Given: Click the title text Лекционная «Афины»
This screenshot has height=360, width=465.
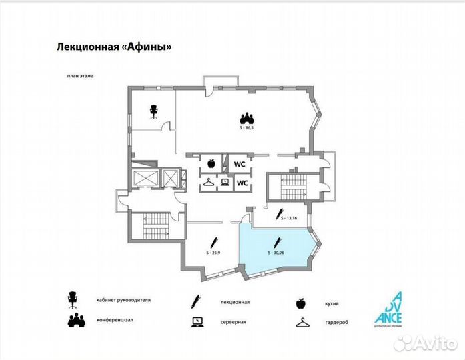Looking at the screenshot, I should click(x=111, y=47).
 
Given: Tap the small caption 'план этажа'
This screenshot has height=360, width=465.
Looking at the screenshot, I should click(x=79, y=76).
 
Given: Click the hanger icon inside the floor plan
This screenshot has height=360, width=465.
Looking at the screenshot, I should click(x=209, y=182).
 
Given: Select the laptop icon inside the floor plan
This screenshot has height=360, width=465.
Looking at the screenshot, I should click(x=225, y=182).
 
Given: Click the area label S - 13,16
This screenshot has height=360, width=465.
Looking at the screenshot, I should click(x=290, y=218).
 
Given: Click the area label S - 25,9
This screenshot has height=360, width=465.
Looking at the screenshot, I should click(x=213, y=253).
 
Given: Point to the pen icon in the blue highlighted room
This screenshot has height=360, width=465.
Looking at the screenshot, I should click(x=278, y=243).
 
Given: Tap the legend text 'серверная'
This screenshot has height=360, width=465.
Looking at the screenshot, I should click(x=234, y=322).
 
